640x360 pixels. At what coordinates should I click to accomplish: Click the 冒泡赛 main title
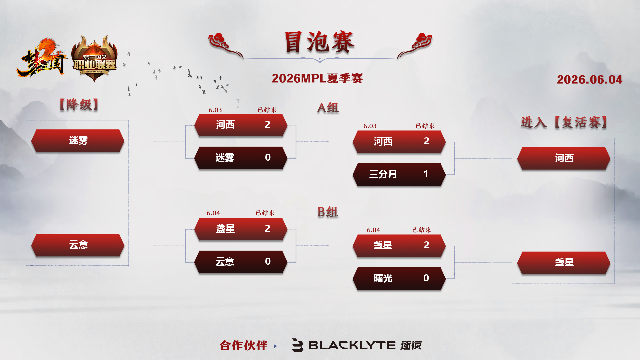319,42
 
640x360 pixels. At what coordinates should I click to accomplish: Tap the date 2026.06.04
589,79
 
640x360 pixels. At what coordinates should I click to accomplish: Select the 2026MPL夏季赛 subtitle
317,78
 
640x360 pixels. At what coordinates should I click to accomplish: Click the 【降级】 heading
79,105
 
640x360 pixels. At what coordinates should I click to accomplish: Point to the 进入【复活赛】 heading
564,122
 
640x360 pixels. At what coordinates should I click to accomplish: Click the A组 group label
328,108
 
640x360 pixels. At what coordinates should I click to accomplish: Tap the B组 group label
328,212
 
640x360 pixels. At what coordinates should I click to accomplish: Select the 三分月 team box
399,174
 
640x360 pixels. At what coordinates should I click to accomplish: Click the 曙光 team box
399,278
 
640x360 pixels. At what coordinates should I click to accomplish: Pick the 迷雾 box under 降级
78,141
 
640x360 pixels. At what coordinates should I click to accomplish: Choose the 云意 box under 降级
78,245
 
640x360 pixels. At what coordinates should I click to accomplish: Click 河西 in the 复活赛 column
564,158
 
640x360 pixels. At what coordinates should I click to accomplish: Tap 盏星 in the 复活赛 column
564,263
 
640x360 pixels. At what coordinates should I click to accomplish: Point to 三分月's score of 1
426,174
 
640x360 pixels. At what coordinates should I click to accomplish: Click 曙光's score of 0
426,278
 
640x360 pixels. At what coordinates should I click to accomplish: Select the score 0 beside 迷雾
268,157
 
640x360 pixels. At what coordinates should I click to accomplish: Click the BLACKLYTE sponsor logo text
352,345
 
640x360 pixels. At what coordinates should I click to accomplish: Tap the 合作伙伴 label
243,346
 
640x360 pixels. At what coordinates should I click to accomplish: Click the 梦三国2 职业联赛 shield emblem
94,58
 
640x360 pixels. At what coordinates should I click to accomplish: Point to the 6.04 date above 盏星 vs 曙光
373,230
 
